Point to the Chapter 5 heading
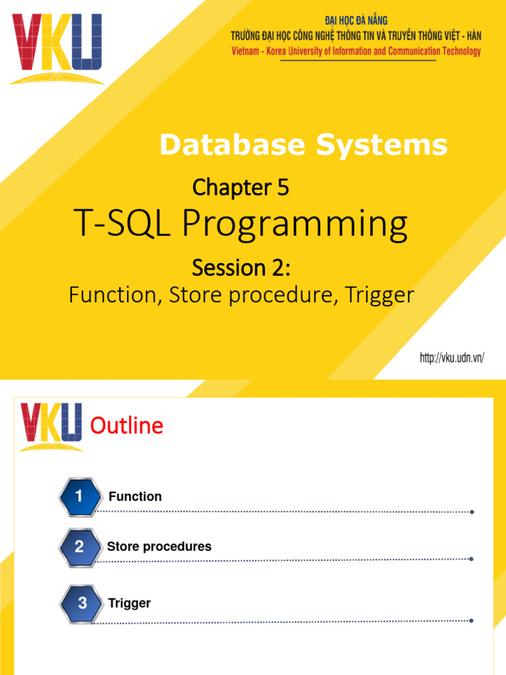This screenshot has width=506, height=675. point(240,189)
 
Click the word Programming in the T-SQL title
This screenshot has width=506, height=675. point(295,226)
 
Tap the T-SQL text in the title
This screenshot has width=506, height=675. point(125,225)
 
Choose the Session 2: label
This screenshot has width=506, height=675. point(240,268)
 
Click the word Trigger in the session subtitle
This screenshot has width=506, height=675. point(382,295)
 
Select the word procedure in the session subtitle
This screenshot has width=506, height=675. point(278,295)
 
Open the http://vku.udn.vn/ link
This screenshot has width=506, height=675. point(452,358)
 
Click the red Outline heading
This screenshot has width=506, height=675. point(126,426)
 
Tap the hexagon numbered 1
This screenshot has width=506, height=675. point(79,497)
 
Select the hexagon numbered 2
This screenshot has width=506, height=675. point(79,546)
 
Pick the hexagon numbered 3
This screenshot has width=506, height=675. point(82,602)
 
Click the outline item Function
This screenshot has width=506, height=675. point(135,496)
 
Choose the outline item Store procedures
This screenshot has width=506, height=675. point(159,546)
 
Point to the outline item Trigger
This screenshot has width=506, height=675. point(130,602)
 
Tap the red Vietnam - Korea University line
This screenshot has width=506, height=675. point(356,51)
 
